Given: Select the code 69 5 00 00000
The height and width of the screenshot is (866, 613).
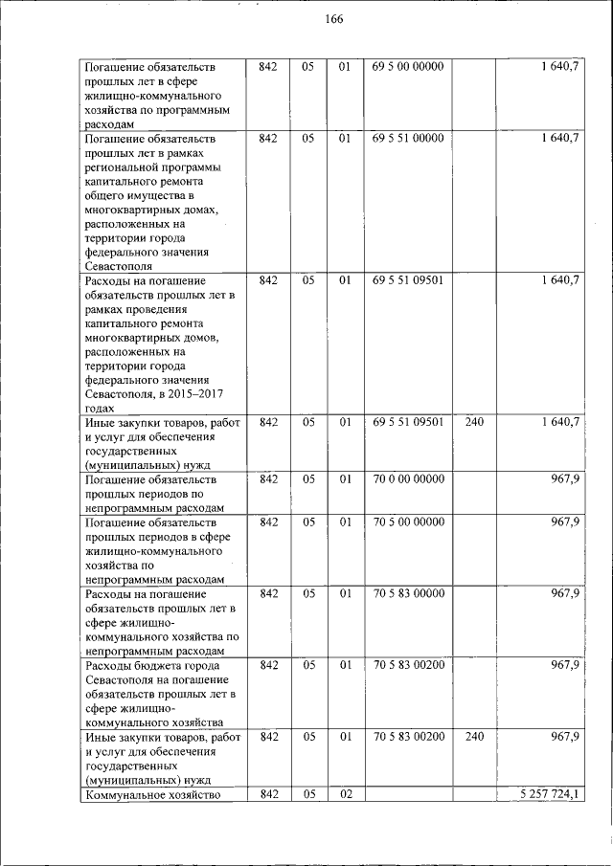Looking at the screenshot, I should (408, 67).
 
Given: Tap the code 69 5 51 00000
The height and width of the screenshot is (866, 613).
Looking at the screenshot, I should (408, 139).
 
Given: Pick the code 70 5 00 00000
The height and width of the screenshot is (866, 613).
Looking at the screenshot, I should (408, 522).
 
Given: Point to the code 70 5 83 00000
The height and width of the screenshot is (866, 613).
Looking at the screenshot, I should (408, 594).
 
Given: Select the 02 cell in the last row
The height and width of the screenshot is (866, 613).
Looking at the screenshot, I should (346, 795).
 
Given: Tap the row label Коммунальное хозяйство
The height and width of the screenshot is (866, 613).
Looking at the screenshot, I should (153, 795).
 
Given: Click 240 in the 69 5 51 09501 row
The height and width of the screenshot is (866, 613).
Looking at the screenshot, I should (473, 422).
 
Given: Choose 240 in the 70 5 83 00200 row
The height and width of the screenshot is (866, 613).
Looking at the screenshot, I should (473, 738).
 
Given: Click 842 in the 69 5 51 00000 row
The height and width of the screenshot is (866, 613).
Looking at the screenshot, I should (268, 139).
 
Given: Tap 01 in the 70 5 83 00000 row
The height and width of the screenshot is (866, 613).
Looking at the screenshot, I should (346, 594).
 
